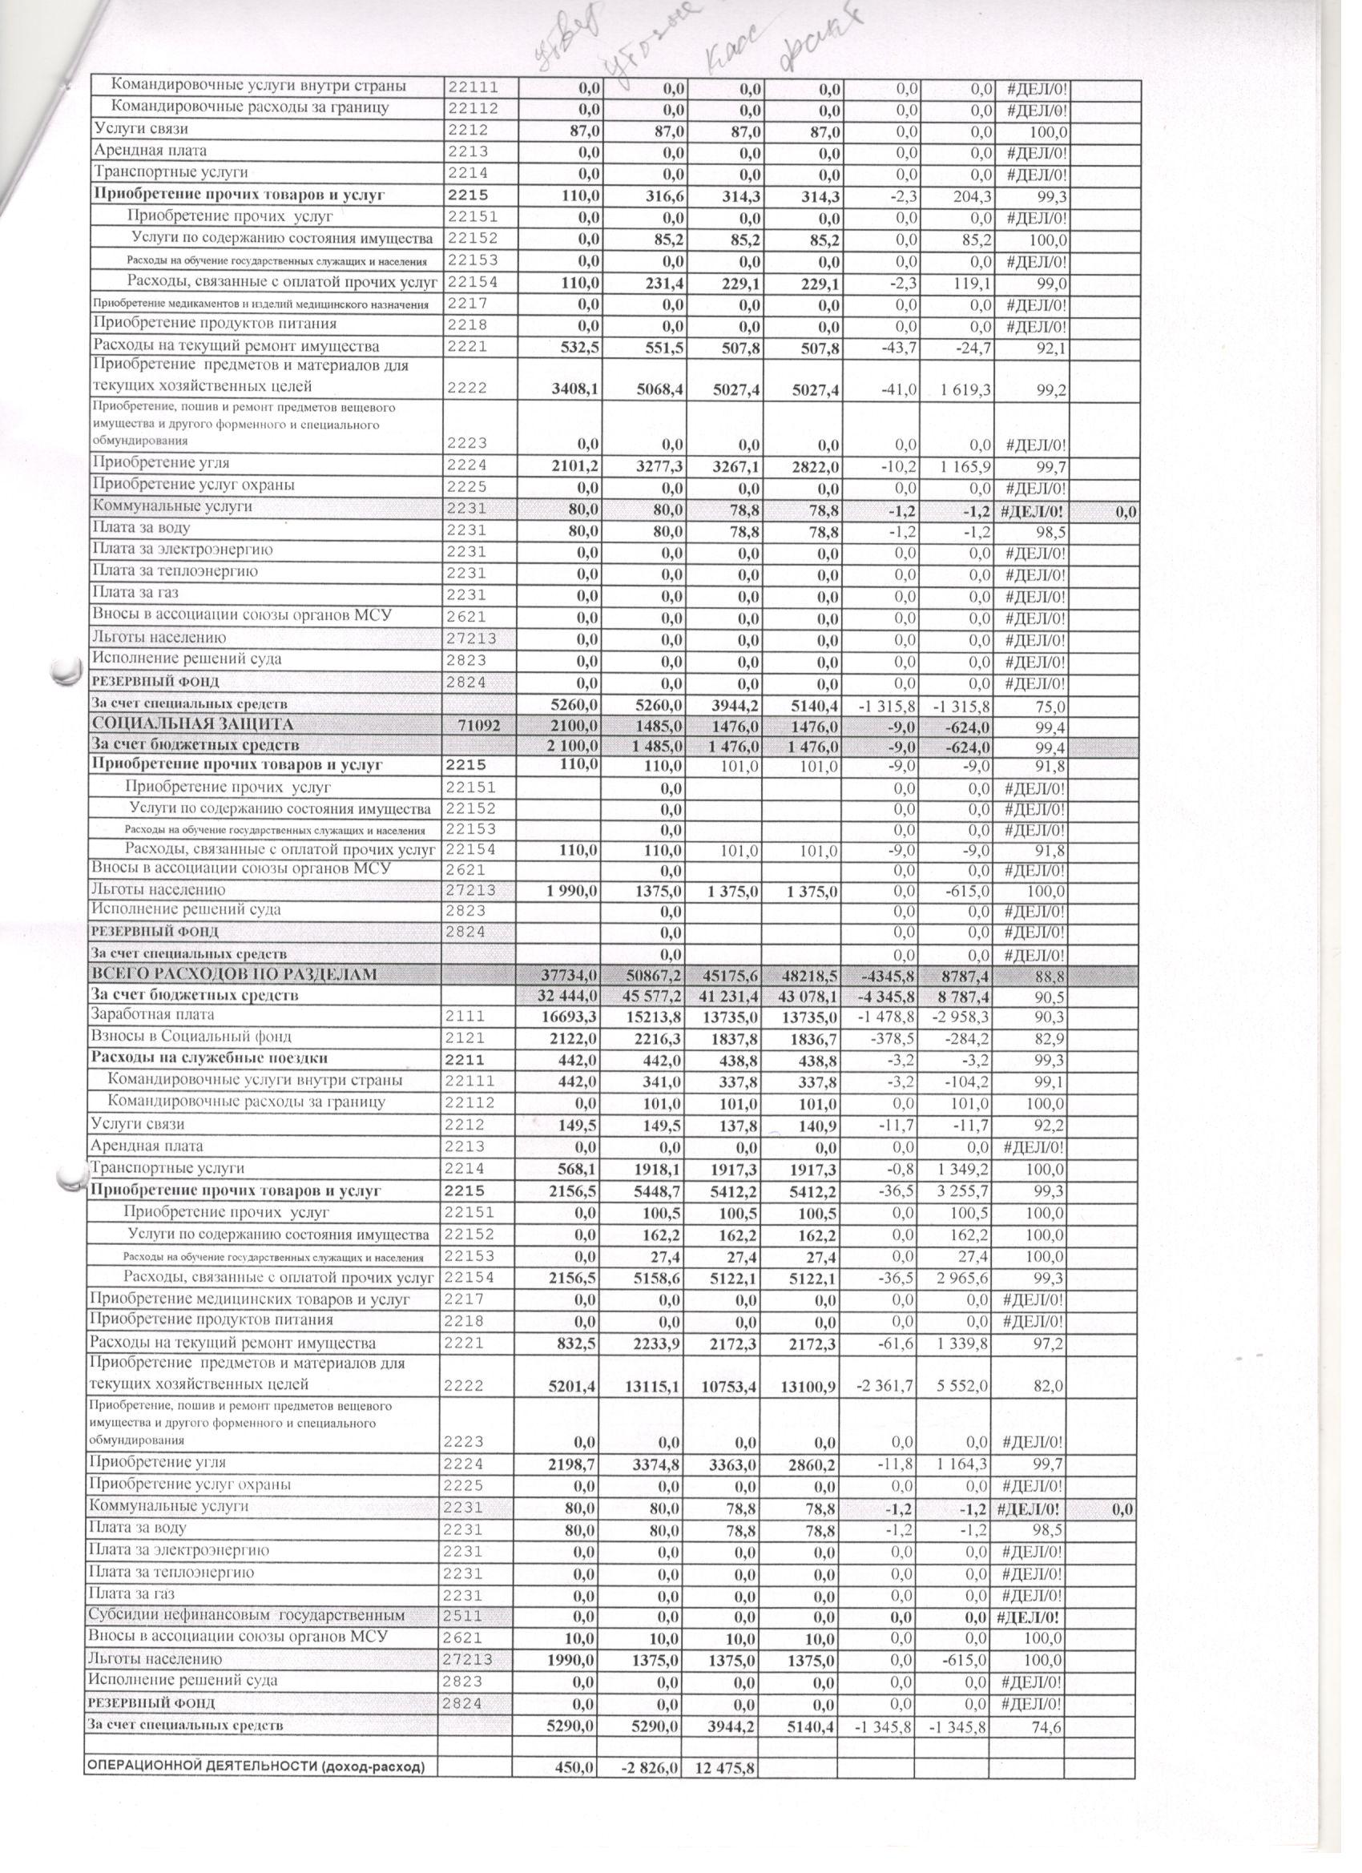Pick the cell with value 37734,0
coord(570,975)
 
